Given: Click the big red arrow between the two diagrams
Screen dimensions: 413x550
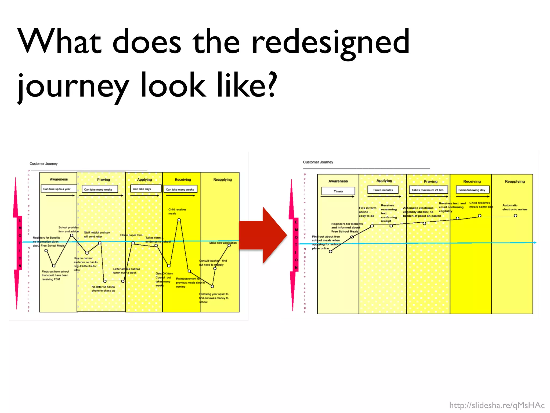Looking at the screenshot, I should (262, 235).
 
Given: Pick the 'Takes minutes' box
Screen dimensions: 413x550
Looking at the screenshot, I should (383, 190).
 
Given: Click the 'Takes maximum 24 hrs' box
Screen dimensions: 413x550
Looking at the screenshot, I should (428, 190).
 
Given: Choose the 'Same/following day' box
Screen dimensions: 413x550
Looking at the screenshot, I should (472, 190).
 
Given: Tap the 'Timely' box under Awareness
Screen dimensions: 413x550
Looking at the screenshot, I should (338, 191).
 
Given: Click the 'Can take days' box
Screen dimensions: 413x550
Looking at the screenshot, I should (145, 189).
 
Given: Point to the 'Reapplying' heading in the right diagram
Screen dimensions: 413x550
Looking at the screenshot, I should (515, 181).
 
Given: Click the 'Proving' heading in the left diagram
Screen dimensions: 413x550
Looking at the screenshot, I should (103, 180).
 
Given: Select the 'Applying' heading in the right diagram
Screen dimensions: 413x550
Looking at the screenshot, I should (384, 181).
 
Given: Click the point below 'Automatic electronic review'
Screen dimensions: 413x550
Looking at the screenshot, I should (515, 216).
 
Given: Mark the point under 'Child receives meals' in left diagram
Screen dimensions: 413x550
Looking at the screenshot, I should (179, 220).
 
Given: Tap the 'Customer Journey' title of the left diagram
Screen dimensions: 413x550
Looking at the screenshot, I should (44, 163).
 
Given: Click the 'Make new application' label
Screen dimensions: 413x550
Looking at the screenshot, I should (223, 243).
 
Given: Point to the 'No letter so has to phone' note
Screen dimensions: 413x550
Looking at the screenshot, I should (103, 289).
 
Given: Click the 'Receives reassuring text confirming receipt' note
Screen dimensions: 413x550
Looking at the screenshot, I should (389, 213).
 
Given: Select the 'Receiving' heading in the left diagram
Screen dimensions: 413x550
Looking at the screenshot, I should (183, 180).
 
